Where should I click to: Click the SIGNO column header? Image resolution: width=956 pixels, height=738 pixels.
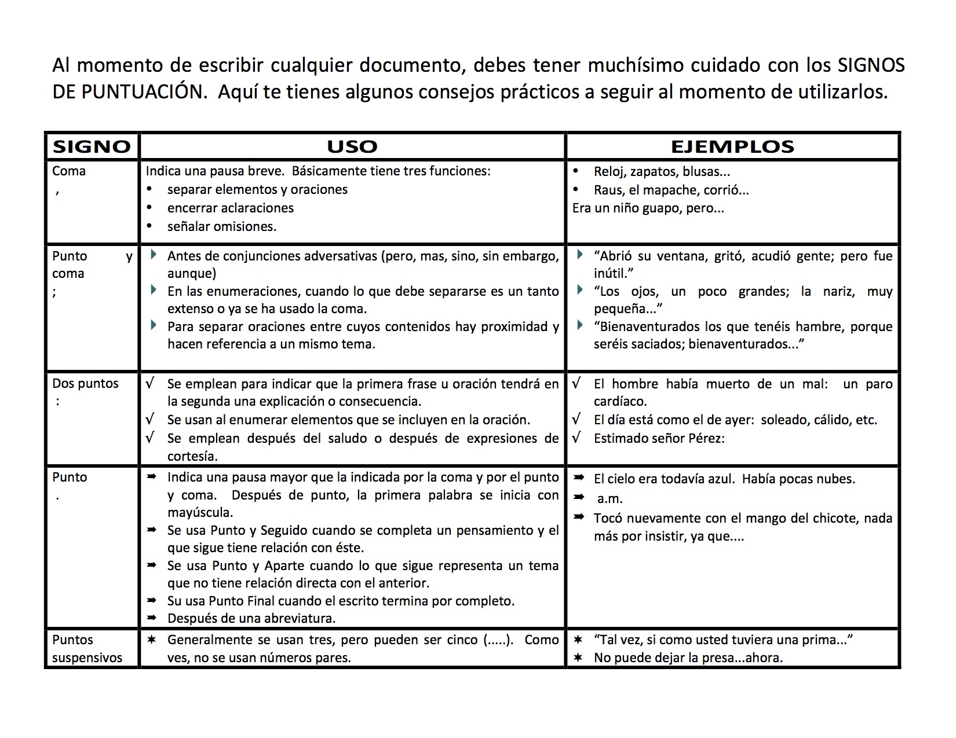coord(92,146)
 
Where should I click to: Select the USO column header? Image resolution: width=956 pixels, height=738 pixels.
coord(352,146)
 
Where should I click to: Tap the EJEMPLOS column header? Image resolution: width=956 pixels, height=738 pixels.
coord(732,146)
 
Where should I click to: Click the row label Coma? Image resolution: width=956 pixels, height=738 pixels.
coord(69,171)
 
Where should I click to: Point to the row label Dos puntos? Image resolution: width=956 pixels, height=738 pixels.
coord(85,384)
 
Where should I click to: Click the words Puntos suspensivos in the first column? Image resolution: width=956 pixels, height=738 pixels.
coord(87,649)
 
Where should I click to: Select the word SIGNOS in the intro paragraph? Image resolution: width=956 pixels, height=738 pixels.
coord(871,65)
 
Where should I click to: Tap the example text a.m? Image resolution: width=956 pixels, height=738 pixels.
coord(610,498)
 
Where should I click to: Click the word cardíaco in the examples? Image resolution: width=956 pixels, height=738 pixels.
coord(620,401)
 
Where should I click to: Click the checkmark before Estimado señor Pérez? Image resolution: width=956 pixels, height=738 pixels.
coord(576,438)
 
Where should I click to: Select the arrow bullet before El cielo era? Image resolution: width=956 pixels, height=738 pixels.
coord(578,478)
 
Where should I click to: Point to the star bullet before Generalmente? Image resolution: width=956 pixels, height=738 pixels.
coord(151,640)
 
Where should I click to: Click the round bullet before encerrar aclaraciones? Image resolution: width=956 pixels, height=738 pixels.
coord(150,207)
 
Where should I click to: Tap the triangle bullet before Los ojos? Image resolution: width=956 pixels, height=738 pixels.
coord(580,290)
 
